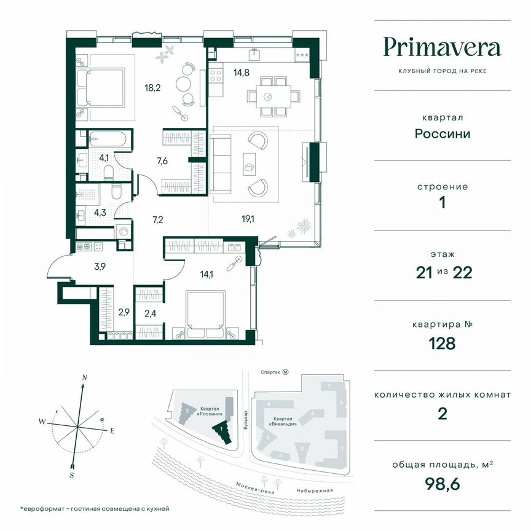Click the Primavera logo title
tap(442, 47)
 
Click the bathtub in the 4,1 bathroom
tap(109, 140)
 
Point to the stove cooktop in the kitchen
tap(216, 76)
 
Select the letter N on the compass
tap(85, 377)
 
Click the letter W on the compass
tap(42, 422)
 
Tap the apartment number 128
tap(442, 343)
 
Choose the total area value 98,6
tap(442, 484)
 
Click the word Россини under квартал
tap(442, 133)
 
